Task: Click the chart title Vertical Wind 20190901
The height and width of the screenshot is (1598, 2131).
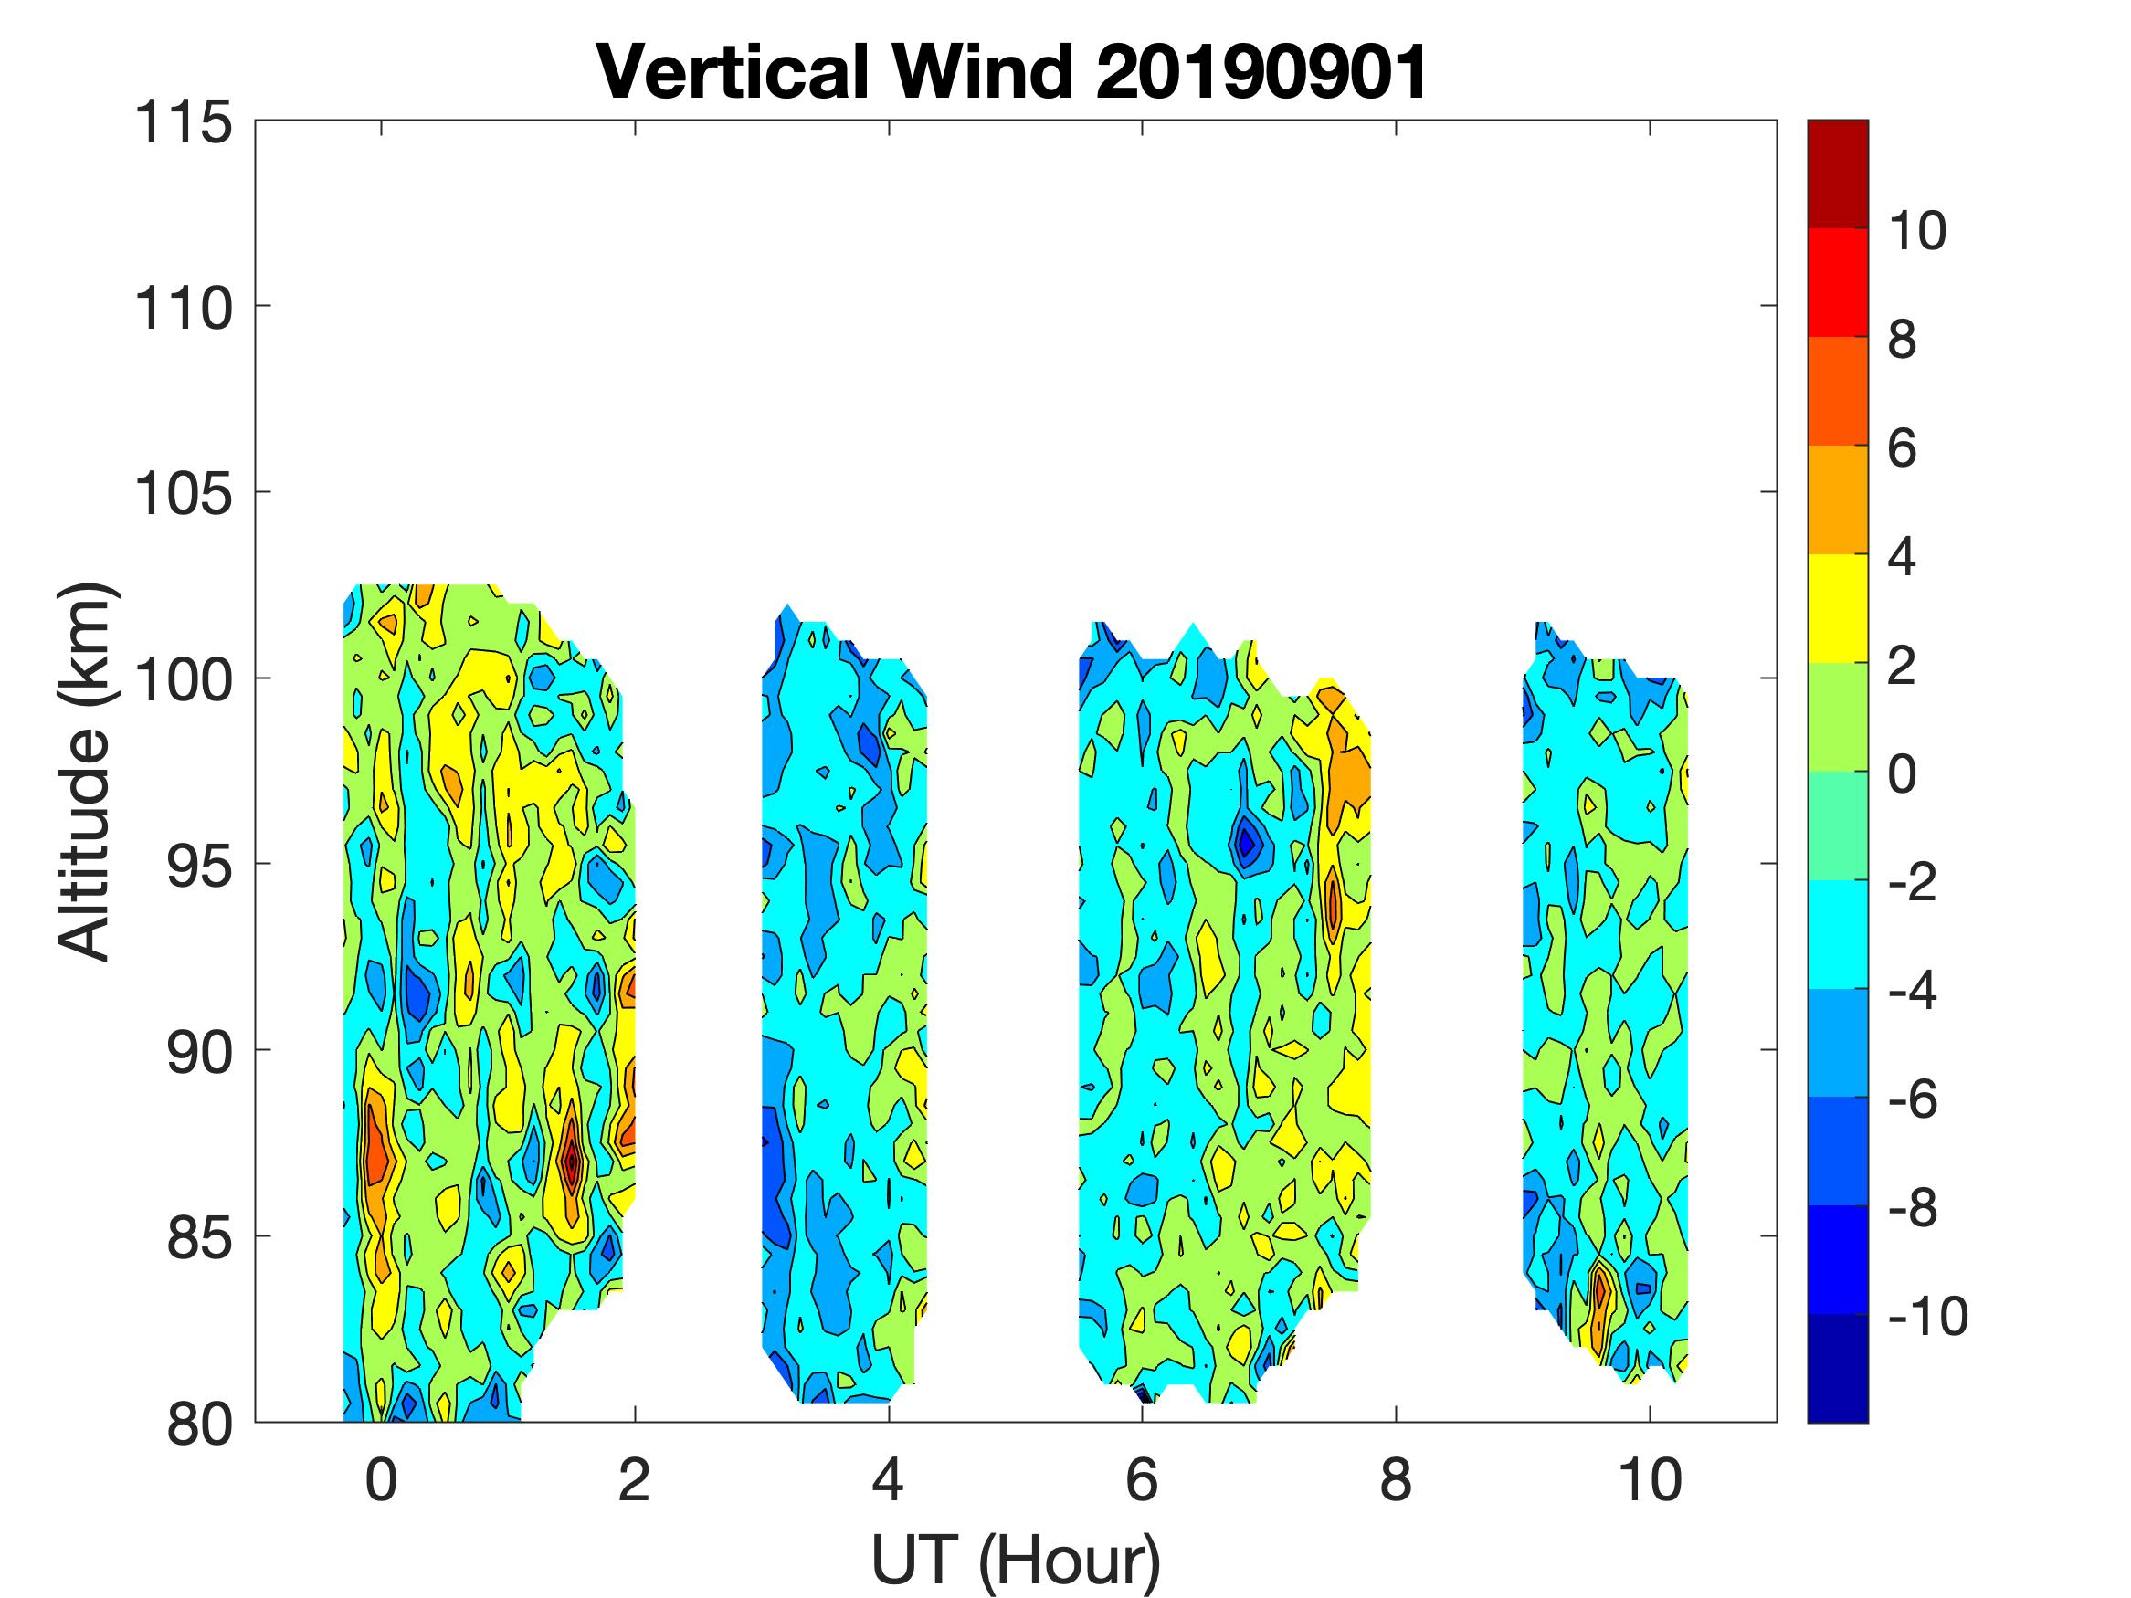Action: pyautogui.click(x=1011, y=72)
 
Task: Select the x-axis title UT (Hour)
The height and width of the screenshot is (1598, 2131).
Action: pyautogui.click(x=1016, y=1560)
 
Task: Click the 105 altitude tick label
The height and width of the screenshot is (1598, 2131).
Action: pyautogui.click(x=183, y=494)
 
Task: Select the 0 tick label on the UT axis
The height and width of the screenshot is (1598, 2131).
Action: pyautogui.click(x=382, y=1479)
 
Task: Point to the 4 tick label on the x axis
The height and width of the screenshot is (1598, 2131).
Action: pyautogui.click(x=888, y=1479)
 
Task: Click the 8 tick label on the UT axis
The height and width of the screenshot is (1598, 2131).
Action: pyautogui.click(x=1396, y=1479)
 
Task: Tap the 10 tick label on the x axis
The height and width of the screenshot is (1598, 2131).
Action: pyautogui.click(x=1650, y=1479)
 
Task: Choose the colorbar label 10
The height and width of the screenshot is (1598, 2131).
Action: pyautogui.click(x=1916, y=231)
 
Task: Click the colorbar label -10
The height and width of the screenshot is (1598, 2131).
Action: pyautogui.click(x=1927, y=1316)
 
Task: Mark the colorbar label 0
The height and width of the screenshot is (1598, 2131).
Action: pyautogui.click(x=1902, y=773)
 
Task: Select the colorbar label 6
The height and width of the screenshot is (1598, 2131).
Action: pyautogui.click(x=1902, y=448)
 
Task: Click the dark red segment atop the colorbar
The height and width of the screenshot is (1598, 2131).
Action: pyautogui.click(x=1837, y=173)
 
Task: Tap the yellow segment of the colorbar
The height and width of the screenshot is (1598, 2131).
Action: pyautogui.click(x=1837, y=608)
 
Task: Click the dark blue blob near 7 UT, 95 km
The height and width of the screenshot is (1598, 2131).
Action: pyautogui.click(x=1247, y=844)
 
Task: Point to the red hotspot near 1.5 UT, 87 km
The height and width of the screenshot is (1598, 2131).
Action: pyautogui.click(x=571, y=1161)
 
